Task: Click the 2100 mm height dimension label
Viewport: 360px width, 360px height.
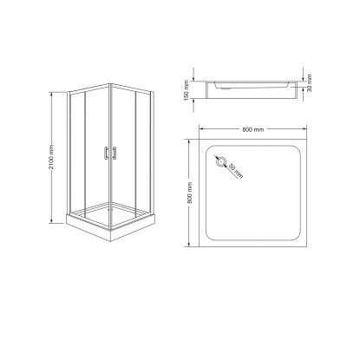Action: (51, 157)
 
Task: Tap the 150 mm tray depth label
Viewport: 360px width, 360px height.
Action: (187, 90)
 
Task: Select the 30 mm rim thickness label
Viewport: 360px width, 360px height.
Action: (310, 83)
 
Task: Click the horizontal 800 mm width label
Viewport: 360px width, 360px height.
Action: (253, 129)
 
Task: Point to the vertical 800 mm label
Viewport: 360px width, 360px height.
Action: (190, 193)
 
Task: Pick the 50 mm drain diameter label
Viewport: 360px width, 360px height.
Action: (236, 171)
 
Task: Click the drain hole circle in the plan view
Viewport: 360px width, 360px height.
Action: (221, 161)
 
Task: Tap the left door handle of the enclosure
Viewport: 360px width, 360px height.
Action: (106, 153)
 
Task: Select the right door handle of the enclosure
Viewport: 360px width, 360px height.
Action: (115, 153)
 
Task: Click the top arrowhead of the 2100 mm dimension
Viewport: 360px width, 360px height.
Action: (51, 94)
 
